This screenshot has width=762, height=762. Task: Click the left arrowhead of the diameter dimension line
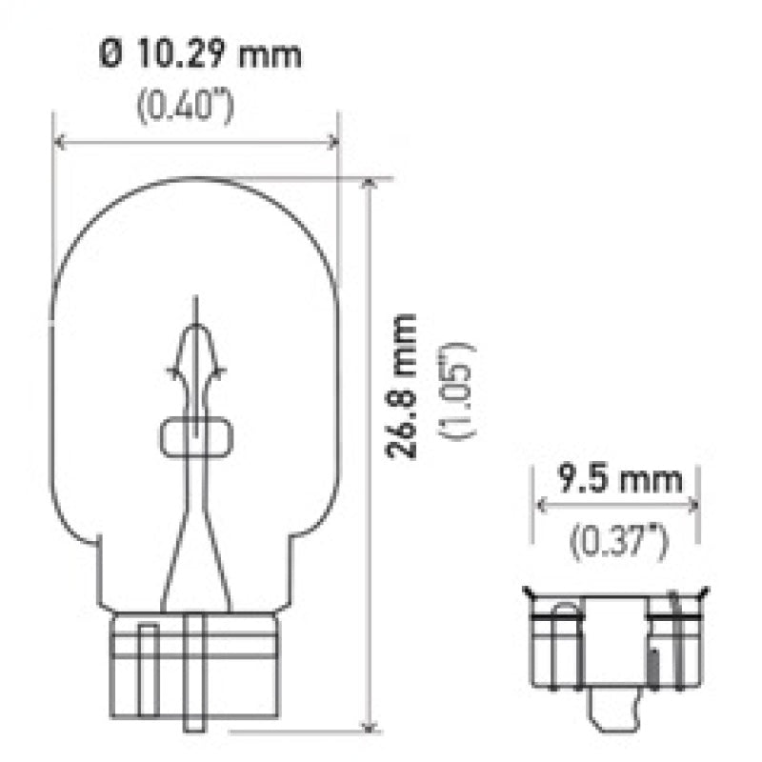[x=58, y=143]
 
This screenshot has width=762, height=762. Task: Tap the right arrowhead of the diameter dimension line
[x=333, y=143]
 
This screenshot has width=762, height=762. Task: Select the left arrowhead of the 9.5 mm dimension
[x=539, y=506]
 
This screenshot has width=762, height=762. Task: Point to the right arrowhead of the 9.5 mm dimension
[x=695, y=506]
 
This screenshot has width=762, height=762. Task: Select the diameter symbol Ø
[x=111, y=55]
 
